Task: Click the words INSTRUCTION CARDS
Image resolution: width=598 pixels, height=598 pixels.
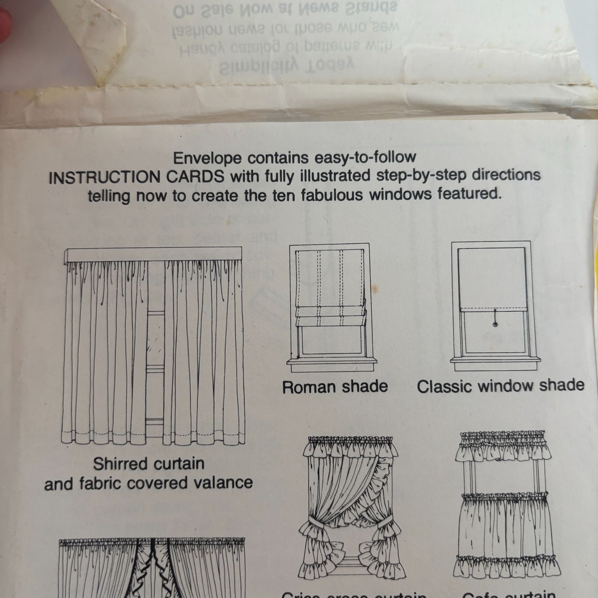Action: click(136, 177)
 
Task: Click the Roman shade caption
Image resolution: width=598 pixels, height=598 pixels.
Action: click(335, 387)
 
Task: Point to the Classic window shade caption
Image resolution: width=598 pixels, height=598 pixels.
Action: click(500, 386)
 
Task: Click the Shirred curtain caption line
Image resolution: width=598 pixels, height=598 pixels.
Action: click(149, 464)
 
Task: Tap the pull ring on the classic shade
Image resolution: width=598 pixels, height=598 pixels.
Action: click(495, 324)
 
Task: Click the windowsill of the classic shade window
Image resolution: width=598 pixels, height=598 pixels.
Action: click(495, 361)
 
